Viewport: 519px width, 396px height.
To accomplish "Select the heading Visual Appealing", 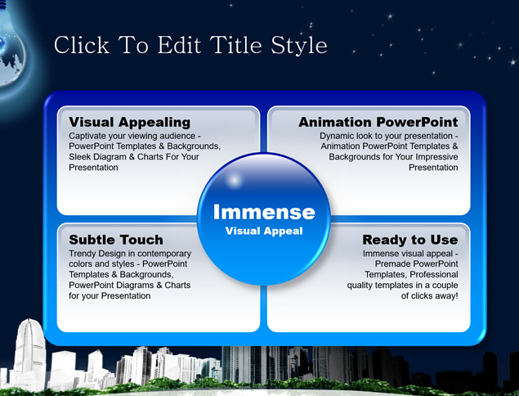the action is pos(130,122).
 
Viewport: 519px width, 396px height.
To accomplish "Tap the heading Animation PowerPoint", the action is pos(378,122).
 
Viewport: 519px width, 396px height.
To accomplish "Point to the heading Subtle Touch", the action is pos(116,240).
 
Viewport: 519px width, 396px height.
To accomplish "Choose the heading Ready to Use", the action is pos(410,240).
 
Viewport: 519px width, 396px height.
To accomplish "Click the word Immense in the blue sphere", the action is pos(264,212).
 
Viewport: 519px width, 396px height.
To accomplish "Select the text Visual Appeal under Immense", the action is pos(264,231).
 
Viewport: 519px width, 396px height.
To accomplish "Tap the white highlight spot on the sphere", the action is pos(235,180).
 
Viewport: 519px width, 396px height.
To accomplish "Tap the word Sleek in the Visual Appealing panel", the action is pos(78,157).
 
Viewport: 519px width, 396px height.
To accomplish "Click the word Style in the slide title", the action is pos(299,46).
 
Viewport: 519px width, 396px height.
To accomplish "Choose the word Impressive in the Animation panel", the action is pos(437,157).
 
